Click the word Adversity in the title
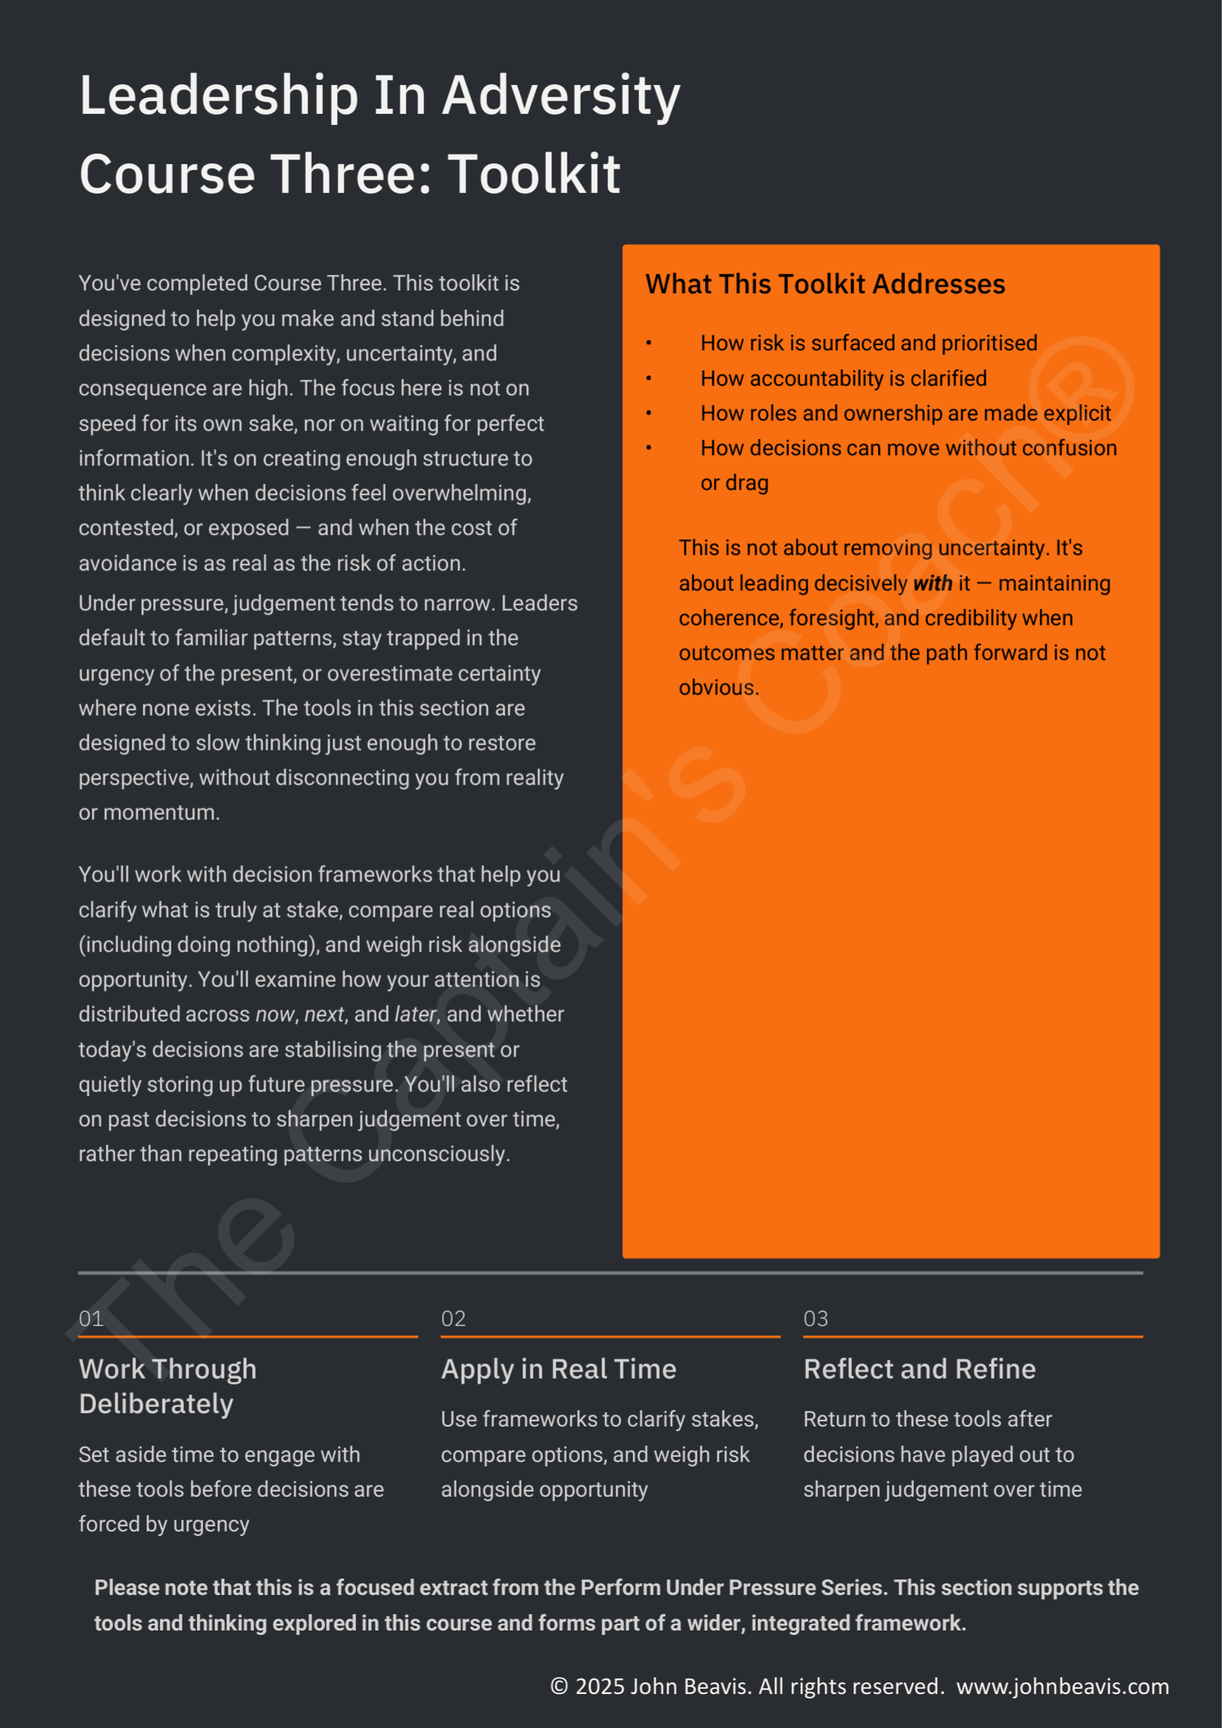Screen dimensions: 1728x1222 561,95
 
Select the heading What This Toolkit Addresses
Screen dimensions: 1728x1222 825,284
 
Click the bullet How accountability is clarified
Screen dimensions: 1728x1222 843,378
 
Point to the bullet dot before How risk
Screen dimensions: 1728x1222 649,344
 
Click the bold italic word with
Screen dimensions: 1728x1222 932,584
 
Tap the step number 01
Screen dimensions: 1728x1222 91,1319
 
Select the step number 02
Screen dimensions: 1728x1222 453,1319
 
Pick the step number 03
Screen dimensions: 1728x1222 816,1319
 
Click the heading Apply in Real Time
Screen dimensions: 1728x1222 559,1369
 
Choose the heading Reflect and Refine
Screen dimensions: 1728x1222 920,1369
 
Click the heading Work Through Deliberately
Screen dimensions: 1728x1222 167,1386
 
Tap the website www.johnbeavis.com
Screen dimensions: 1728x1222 1062,1687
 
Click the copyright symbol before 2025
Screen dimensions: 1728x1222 559,1687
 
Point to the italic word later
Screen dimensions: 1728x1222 414,1014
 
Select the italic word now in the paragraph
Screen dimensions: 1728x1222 275,1014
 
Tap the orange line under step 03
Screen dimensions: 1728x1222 972,1336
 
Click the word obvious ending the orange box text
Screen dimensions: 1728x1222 718,688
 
